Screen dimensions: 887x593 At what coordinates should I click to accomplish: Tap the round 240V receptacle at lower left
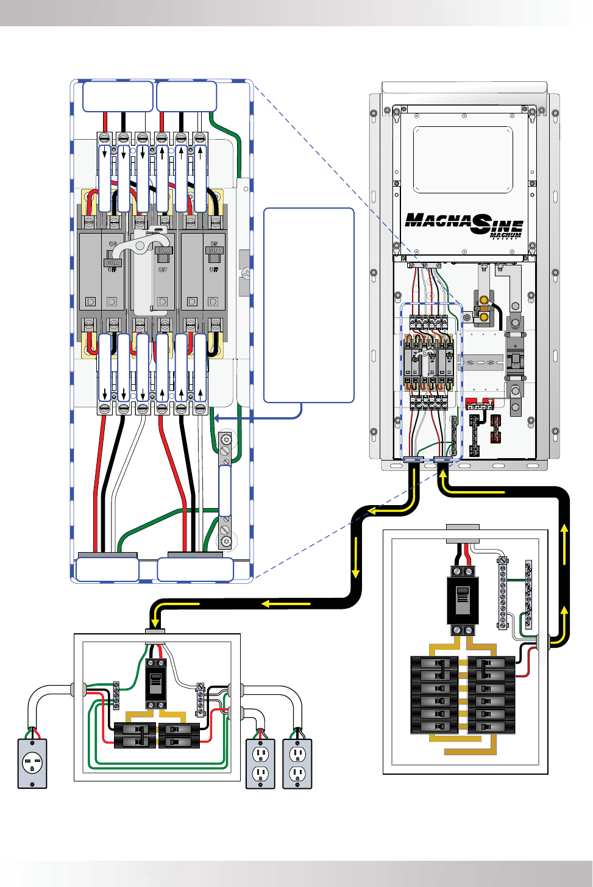32,763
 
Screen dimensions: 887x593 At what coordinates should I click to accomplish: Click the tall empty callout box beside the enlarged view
308,305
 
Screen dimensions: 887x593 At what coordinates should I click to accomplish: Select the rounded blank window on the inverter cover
463,159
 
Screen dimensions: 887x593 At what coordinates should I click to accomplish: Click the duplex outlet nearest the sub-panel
261,764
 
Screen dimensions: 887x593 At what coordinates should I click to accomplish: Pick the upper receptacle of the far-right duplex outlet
297,754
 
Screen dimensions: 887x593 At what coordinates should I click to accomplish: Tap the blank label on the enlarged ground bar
225,490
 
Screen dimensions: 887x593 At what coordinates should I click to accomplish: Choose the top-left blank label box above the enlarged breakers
118,96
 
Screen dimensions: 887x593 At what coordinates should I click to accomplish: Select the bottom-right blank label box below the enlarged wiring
195,570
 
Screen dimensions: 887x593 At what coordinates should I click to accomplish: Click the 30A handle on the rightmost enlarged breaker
214,252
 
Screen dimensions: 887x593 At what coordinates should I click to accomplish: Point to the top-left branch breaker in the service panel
434,663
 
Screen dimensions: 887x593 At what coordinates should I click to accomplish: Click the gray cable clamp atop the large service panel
463,527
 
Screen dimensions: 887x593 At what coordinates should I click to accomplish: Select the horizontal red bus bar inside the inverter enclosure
479,403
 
